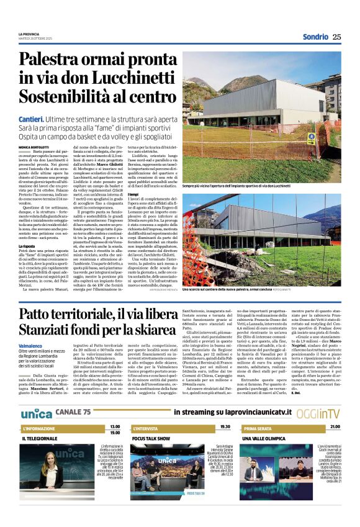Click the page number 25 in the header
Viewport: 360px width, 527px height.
click(x=336, y=37)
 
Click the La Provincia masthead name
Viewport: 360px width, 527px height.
click(x=29, y=34)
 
